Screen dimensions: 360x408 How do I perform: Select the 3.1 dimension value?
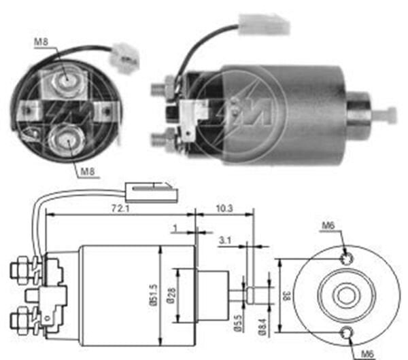(227, 239)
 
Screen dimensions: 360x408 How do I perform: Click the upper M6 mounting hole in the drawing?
(347, 258)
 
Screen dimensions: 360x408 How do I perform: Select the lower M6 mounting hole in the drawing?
(347, 331)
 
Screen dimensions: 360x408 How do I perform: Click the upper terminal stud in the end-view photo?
(67, 80)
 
